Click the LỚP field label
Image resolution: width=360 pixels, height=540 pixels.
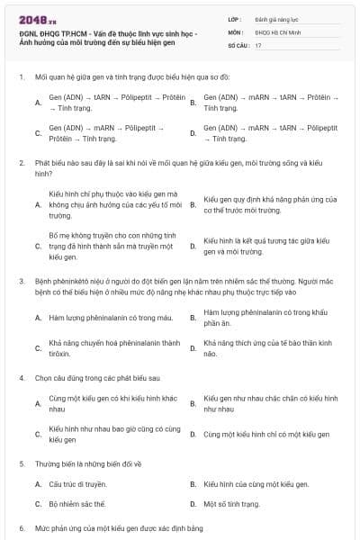point(235,18)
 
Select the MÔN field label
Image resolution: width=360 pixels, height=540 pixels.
point(236,31)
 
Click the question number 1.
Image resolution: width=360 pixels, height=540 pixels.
point(21,77)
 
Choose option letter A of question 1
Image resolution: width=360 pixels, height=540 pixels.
point(38,102)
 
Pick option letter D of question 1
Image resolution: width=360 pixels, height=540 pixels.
point(193,133)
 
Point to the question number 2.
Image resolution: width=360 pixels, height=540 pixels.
point(21,163)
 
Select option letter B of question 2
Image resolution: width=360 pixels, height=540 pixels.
point(193,204)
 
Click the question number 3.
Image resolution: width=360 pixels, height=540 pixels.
point(21,281)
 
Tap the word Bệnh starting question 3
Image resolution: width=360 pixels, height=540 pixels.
point(42,281)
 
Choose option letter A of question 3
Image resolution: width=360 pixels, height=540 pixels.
point(38,318)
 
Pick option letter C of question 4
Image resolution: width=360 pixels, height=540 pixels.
point(38,434)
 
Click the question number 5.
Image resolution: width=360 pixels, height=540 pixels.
point(21,463)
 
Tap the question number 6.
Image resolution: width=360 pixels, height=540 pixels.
point(21,528)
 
